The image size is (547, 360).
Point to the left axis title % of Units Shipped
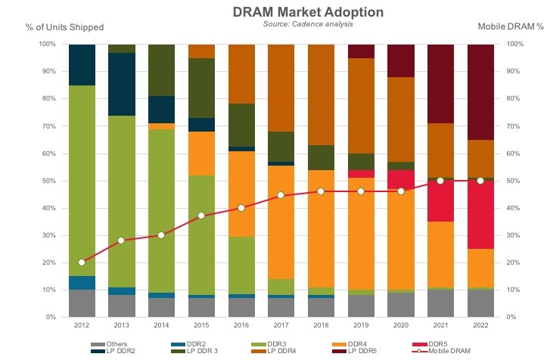pos(65,26)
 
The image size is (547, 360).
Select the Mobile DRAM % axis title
pos(511,26)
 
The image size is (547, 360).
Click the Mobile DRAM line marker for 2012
pos(82,262)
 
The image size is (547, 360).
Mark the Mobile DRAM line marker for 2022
pos(481,181)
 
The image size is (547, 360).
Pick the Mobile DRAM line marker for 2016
pos(241,208)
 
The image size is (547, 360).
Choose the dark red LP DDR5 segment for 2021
pos(441,83)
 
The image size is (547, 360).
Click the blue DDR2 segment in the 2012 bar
pos(82,283)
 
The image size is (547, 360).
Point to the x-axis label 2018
pos(321,327)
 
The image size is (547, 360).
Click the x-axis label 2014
pos(161,327)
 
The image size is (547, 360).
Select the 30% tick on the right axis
pos(516,235)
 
